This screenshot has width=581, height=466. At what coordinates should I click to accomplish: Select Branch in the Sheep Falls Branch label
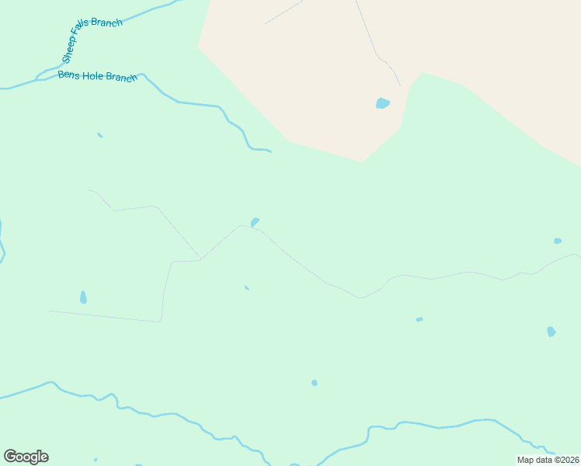click(x=107, y=23)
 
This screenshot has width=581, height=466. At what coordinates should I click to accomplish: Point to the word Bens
click(x=68, y=75)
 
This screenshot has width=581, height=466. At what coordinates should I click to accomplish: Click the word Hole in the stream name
click(x=92, y=77)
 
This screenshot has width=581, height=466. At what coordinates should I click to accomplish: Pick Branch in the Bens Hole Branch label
click(x=122, y=77)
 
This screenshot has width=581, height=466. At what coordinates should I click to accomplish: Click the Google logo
click(x=26, y=457)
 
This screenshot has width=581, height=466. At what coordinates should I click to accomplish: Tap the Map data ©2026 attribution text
click(x=548, y=460)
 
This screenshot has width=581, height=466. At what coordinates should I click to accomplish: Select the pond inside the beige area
click(x=382, y=103)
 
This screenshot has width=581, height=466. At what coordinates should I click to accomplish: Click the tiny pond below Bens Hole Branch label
click(x=100, y=135)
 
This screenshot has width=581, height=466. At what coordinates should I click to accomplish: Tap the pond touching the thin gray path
click(x=255, y=222)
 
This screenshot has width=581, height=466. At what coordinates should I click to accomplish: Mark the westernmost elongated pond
click(x=83, y=297)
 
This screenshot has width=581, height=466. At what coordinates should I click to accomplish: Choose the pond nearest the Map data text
click(x=551, y=332)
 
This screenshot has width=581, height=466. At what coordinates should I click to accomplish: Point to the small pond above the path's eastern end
click(x=558, y=241)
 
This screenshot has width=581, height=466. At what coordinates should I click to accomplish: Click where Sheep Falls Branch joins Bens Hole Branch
click(x=37, y=78)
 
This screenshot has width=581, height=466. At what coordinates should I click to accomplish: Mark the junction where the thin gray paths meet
click(x=200, y=259)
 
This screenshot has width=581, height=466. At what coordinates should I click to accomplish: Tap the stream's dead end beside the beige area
click(x=270, y=151)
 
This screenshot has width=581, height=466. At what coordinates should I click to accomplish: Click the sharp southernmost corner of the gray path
click(x=160, y=321)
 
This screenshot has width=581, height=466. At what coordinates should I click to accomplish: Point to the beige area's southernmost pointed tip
click(x=363, y=162)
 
